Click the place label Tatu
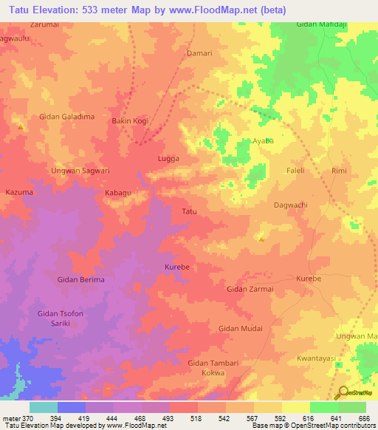tap(189, 212)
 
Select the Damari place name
tap(198, 53)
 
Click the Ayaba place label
tap(263, 140)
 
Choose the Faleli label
tap(296, 171)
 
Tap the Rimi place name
tap(339, 171)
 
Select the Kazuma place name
tap(19, 192)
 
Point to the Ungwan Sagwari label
tap(80, 171)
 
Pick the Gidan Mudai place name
tap(241, 327)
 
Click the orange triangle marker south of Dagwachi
tap(261, 238)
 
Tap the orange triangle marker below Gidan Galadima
tap(20, 127)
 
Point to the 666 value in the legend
tap(362, 418)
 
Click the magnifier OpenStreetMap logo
tap(343, 394)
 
